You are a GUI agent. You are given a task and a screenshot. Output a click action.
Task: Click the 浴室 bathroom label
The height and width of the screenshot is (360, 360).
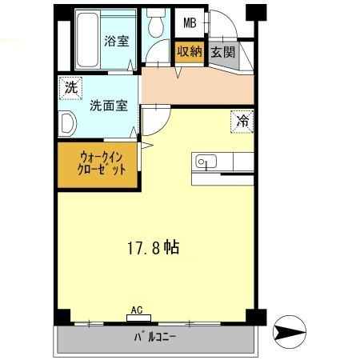pyautogui.click(x=117, y=41)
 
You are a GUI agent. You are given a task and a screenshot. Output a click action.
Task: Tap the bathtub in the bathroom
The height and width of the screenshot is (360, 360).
pyautogui.click(x=87, y=39)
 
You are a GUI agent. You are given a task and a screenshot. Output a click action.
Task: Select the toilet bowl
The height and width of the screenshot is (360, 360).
pyautogui.click(x=156, y=23)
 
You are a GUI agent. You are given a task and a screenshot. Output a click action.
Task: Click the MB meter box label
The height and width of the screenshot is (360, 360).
pyautogui.click(x=190, y=23)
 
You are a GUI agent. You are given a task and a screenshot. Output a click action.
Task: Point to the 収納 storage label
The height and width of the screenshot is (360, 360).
pyautogui.click(x=190, y=51)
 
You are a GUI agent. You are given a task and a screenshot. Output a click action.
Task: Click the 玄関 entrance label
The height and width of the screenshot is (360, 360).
pyautogui.click(x=223, y=52)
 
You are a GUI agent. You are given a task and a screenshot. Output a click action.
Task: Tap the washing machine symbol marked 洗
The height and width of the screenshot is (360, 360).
pyautogui.click(x=71, y=88)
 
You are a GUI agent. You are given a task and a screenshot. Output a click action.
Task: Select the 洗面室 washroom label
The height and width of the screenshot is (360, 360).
pyautogui.click(x=109, y=106)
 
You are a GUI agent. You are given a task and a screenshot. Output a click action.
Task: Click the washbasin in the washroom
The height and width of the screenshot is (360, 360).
pyautogui.click(x=67, y=124)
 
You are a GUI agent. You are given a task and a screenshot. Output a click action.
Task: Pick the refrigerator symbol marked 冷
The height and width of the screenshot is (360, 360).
pyautogui.click(x=242, y=122)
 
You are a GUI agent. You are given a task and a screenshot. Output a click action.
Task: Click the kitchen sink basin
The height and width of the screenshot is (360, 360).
pyautogui.click(x=206, y=162)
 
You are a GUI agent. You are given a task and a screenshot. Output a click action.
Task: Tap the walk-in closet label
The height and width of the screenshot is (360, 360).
pyautogui.click(x=102, y=163)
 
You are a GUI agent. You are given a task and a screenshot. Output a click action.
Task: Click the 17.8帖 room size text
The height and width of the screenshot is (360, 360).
pyautogui.click(x=154, y=248)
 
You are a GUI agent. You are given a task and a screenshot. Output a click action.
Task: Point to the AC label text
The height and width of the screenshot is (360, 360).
pyautogui.click(x=137, y=310)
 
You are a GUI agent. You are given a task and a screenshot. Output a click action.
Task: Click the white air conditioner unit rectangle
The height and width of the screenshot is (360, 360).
pyautogui.click(x=138, y=318)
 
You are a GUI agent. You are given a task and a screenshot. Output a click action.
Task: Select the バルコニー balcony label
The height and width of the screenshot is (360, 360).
pyautogui.click(x=154, y=338)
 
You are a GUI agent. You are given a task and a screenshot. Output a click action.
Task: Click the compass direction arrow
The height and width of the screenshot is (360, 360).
pyautogui.click(x=290, y=332)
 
